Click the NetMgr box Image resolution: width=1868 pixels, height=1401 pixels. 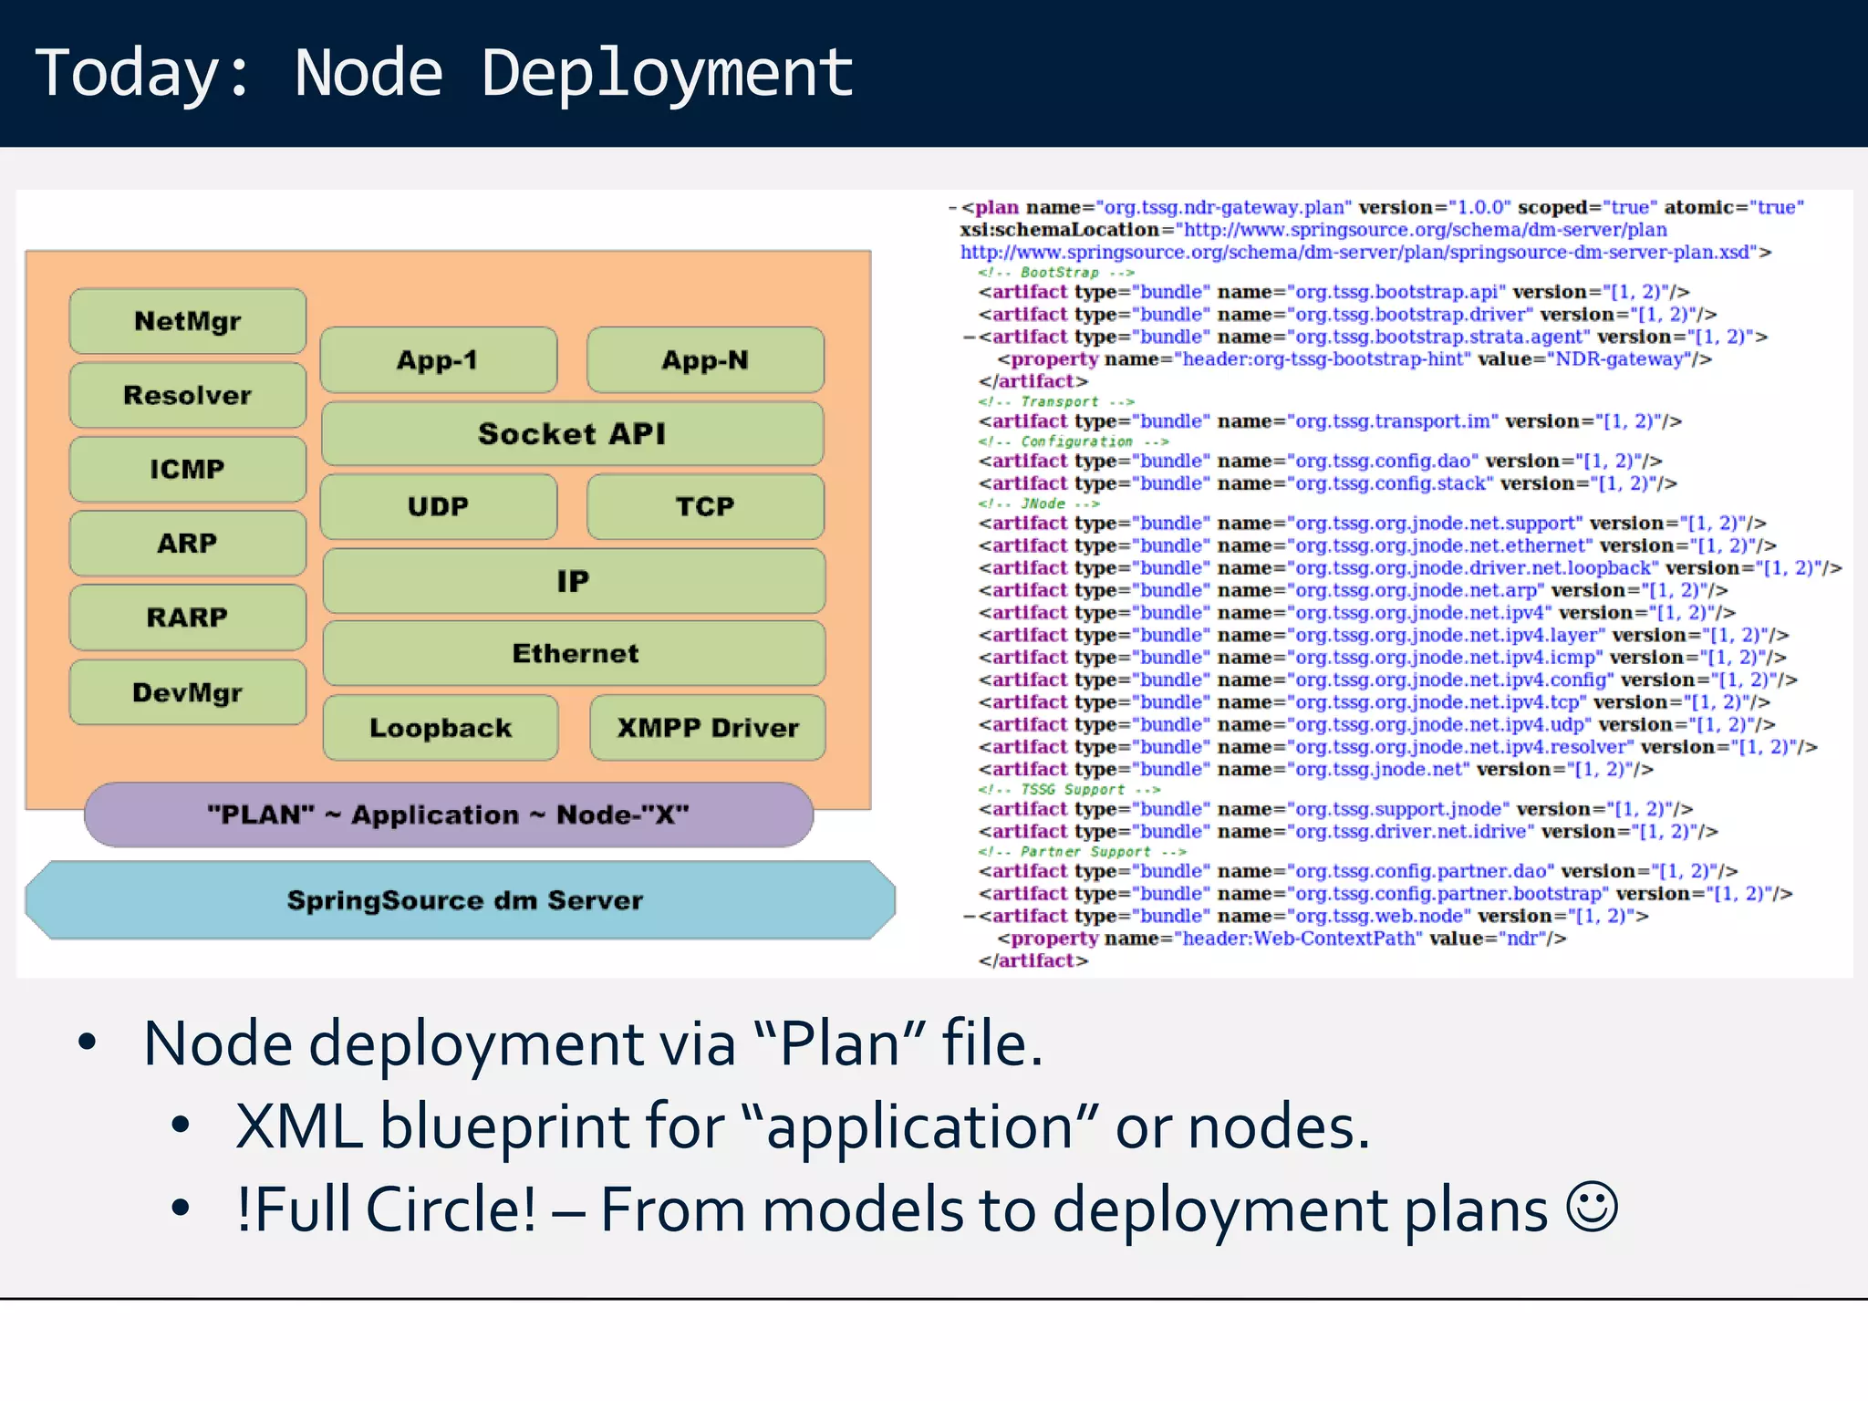coord(187,321)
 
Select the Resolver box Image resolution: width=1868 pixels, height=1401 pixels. coord(187,395)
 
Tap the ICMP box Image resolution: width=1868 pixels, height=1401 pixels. coord(187,469)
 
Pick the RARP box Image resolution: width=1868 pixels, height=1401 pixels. coord(187,617)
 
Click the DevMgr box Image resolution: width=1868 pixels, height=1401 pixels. coord(187,692)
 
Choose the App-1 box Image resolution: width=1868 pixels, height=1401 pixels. coord(438,360)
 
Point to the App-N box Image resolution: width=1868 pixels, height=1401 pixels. coord(705,360)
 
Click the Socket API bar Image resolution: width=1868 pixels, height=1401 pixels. coord(572,434)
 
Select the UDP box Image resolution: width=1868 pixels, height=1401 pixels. coord(438,506)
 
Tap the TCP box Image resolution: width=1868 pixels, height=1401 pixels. coord(705,506)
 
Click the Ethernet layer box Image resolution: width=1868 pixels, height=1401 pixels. coord(575,653)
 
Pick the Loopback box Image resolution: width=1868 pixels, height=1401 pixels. coord(441,728)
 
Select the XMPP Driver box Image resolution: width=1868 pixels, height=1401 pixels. coord(708,728)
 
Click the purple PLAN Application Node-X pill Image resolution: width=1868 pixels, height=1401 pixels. coord(448,815)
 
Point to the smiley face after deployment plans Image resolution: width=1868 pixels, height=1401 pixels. coord(1592,1208)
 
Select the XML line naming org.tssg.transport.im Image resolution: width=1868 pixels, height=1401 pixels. coord(1329,421)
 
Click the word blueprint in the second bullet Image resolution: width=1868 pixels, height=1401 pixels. coord(504,1126)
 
